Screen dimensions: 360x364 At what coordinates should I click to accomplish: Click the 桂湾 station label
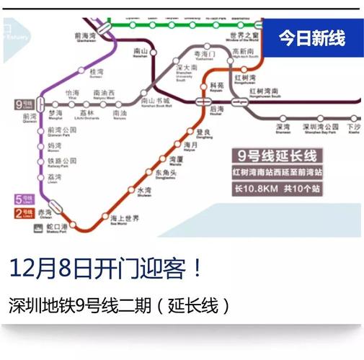point(97,72)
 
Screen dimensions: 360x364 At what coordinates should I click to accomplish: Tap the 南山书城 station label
point(156,102)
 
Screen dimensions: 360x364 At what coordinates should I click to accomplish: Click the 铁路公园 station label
point(61,161)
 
